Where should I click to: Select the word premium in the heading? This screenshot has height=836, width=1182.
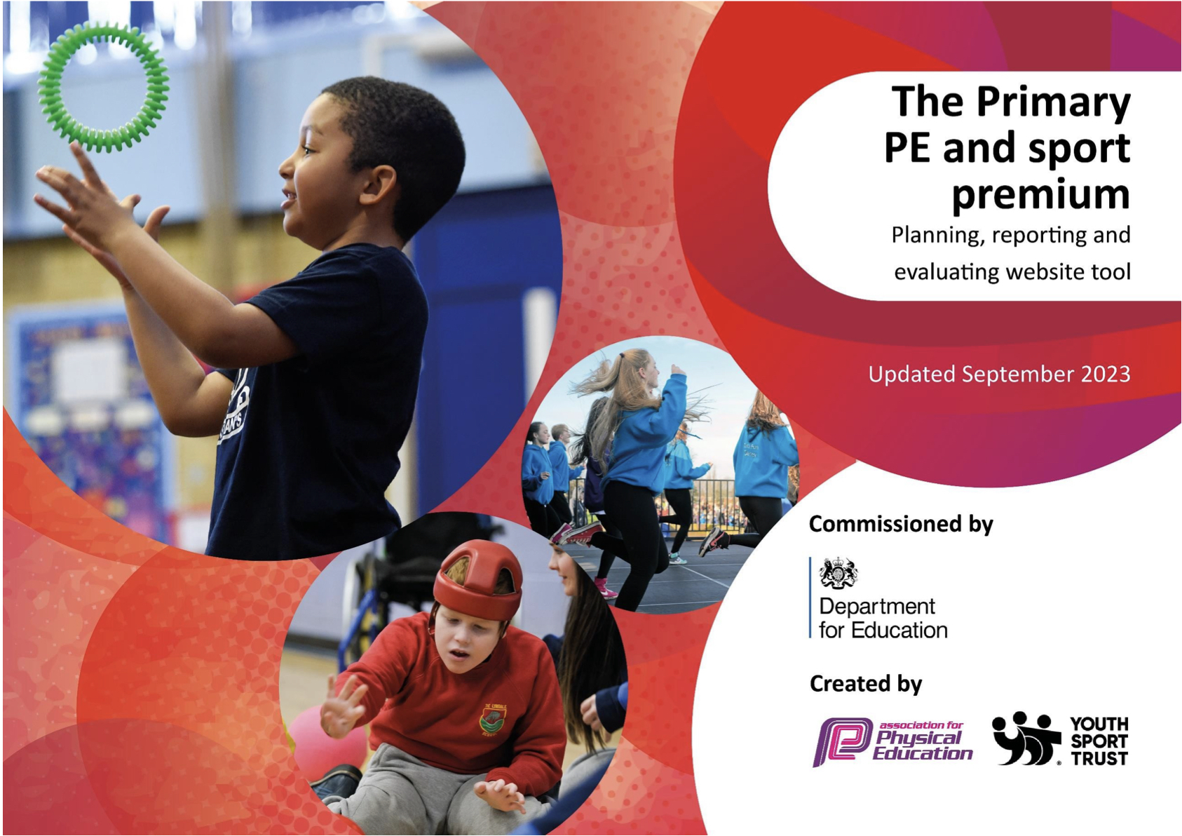[x=1041, y=194]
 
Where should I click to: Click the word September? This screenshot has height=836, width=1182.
[x=1018, y=375]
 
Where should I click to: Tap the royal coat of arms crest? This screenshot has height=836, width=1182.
[x=838, y=573]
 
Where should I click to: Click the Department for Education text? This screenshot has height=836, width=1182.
[x=883, y=618]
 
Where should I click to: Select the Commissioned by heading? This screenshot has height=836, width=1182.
[x=901, y=524]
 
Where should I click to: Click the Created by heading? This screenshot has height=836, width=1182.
[x=866, y=684]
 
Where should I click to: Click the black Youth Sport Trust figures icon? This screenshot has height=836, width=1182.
[x=1025, y=739]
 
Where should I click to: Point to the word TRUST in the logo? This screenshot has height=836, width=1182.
[x=1099, y=758]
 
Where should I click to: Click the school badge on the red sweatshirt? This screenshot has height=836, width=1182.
[x=493, y=720]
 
